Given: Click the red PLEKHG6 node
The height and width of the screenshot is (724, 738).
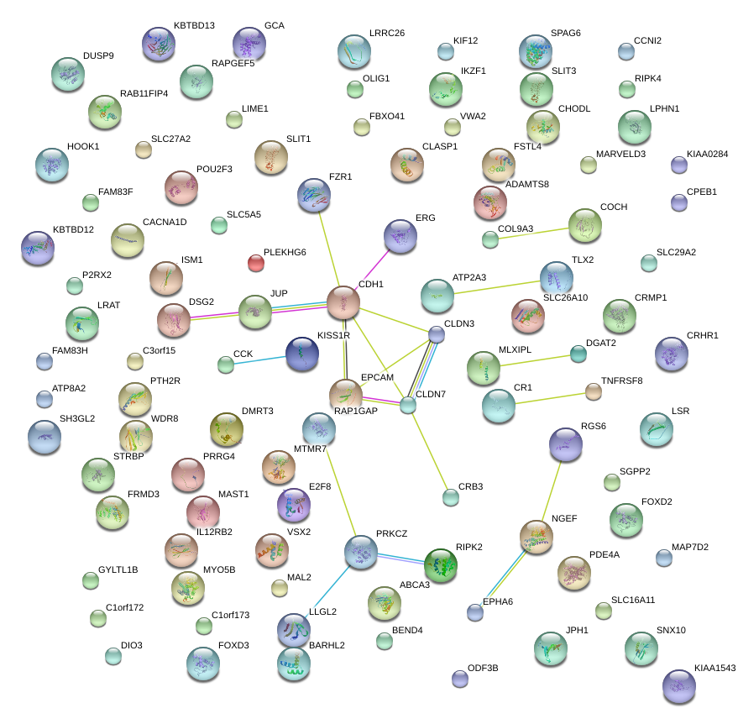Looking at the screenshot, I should tap(256, 264).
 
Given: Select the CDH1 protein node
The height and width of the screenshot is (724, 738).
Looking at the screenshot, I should tap(343, 302).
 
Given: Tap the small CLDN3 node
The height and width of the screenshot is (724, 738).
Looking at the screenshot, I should tap(437, 334).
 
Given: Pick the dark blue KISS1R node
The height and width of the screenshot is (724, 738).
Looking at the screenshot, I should tap(301, 354).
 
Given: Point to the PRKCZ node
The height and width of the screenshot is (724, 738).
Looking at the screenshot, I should tap(360, 552).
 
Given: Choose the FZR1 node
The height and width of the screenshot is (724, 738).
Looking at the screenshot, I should tap(314, 195).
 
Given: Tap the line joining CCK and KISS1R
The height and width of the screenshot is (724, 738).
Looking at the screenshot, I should tap(259, 359).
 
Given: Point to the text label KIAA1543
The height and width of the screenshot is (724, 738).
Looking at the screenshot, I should tap(714, 669).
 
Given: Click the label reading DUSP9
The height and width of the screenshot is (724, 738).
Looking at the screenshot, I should tap(98, 56).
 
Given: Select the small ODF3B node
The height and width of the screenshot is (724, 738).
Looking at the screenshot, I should tap(458, 677).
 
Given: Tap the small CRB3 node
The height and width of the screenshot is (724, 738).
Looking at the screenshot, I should tap(451, 497).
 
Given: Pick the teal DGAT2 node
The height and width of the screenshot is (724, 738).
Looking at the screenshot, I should tap(578, 354).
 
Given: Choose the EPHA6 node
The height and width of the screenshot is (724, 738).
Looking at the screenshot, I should tap(475, 611).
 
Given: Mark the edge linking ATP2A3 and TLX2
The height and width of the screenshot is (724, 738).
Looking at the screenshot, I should tap(495, 286).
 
